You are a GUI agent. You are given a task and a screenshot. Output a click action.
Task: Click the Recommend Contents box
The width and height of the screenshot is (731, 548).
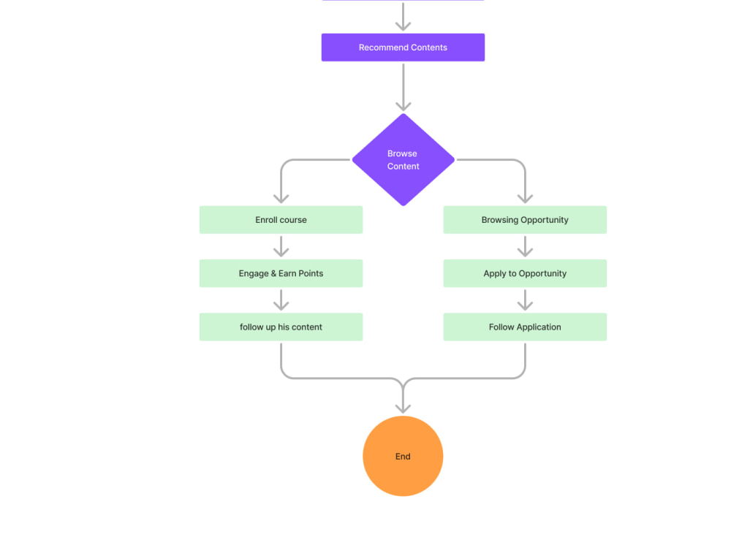(403, 47)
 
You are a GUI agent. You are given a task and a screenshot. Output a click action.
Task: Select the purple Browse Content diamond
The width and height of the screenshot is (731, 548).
(404, 159)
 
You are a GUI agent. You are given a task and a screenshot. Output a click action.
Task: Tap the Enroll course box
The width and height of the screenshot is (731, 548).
(281, 219)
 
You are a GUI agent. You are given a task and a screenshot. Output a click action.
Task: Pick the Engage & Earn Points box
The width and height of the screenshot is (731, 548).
(281, 273)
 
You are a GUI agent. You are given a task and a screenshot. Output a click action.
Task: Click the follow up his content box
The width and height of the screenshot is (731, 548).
(281, 327)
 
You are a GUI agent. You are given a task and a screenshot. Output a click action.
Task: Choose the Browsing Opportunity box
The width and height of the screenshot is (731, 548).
(525, 219)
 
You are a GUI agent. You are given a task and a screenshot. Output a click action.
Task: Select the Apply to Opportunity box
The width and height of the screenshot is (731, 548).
(525, 273)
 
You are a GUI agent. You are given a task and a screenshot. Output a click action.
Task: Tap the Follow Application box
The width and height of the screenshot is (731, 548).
(525, 327)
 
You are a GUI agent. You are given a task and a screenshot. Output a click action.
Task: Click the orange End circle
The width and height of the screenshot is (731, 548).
(403, 456)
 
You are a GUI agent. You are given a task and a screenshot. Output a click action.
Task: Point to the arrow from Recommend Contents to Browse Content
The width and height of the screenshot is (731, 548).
(404, 87)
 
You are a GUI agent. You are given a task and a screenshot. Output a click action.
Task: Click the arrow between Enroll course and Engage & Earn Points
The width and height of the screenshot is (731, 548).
(281, 246)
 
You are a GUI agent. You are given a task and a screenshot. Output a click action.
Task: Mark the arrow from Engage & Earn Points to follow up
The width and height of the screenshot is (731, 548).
(281, 300)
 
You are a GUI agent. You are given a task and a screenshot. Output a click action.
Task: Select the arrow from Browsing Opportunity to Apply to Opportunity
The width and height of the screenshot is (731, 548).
(525, 246)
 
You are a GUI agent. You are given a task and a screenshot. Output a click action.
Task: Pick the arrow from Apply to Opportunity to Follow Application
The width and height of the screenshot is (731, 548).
(525, 300)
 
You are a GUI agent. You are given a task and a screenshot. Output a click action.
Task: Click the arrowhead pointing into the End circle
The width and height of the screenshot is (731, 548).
(403, 408)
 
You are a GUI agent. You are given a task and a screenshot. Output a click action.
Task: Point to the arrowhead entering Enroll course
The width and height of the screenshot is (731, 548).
(281, 199)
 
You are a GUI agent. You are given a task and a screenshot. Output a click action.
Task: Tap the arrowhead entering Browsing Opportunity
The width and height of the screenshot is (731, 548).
(525, 199)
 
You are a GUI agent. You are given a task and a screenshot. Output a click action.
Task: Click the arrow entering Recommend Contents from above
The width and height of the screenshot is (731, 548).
(404, 16)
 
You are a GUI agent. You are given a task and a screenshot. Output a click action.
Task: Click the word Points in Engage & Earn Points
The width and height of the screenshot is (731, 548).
(311, 273)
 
